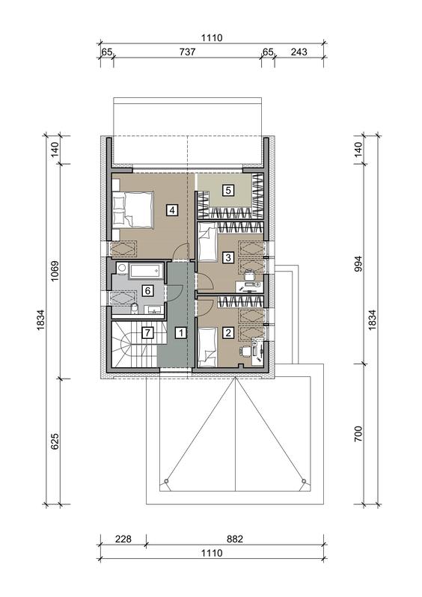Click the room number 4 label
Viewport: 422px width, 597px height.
172,209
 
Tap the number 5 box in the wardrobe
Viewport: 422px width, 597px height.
227,189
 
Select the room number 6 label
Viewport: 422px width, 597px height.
147,291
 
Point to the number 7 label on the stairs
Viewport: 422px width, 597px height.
147,333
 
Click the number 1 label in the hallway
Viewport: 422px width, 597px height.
181,333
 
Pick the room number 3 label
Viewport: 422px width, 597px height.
227,257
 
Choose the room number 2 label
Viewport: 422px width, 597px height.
227,333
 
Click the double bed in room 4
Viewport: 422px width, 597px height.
132,209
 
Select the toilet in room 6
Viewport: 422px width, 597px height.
134,308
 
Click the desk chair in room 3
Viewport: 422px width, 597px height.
248,275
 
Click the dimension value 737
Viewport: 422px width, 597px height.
187,52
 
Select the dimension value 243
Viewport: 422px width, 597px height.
299,52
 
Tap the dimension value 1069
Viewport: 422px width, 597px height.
55,271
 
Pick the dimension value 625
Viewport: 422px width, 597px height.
55,441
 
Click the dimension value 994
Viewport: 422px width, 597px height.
358,263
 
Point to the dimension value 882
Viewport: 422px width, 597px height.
235,539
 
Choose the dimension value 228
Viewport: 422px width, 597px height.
123,539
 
